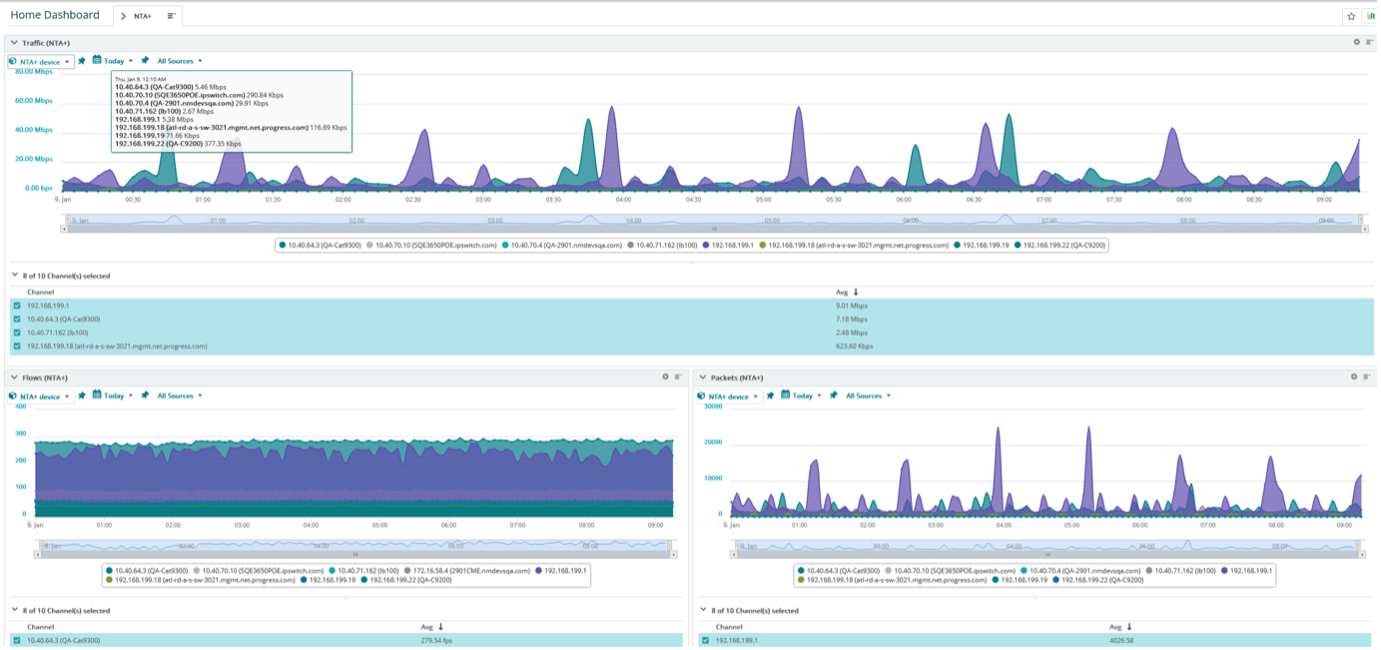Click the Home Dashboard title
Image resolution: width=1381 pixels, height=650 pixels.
55,15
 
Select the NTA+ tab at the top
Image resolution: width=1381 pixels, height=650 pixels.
143,16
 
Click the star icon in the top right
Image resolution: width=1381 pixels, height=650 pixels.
1351,16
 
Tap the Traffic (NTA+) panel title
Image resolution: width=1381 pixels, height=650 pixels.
45,43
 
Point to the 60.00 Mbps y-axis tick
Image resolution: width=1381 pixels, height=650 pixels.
34,100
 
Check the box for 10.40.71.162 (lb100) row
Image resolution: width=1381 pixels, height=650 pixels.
17,333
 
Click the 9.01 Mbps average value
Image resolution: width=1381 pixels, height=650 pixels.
852,306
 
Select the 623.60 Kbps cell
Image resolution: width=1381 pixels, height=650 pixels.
855,346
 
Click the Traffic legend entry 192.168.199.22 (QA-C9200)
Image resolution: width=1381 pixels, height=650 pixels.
1065,244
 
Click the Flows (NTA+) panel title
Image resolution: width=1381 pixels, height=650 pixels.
44,377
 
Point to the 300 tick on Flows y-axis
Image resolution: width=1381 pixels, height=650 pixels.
20,434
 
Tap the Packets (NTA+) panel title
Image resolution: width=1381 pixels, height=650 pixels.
736,377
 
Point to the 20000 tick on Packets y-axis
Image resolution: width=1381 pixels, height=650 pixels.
713,442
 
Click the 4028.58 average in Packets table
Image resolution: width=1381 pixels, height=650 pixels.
1125,640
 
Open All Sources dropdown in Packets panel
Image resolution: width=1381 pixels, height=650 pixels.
864,396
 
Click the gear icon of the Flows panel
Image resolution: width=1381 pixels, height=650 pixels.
665,377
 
